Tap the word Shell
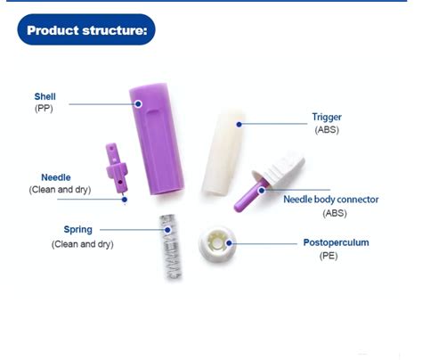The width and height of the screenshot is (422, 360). tap(45, 95)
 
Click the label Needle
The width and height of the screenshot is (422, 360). tap(55, 177)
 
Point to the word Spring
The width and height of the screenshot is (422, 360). tap(77, 230)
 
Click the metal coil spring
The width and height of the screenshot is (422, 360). tap(170, 245)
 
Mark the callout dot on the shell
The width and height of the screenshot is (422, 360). tap(139, 104)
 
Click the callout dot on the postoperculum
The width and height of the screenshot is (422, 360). tap(229, 241)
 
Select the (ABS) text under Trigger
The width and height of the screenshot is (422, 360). tap(326, 129)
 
